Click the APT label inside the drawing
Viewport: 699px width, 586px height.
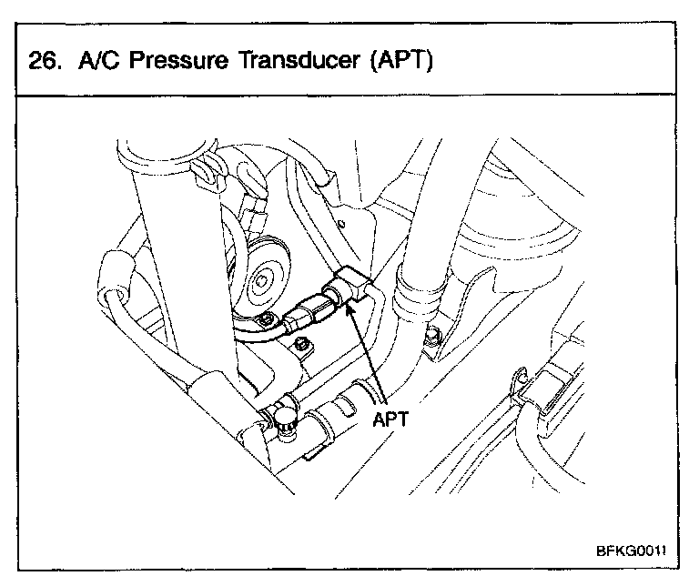tap(390, 421)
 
